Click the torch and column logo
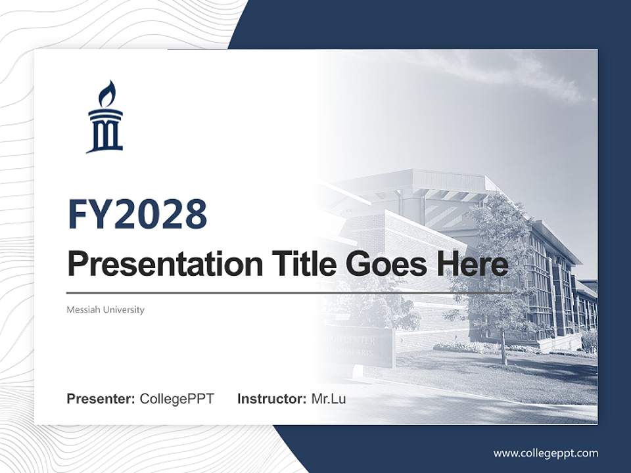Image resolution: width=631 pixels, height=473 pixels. coord(105,118)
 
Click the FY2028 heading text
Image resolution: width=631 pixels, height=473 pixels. coord(137,214)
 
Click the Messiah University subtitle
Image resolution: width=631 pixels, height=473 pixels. coord(105,309)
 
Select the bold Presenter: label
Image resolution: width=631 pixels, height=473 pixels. coord(101,398)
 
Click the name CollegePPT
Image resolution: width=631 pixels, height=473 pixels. coord(177,398)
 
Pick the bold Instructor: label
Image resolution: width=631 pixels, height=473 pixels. coord(271,398)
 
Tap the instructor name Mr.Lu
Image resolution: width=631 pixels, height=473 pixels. coord(329,398)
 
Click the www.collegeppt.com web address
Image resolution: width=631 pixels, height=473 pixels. coord(546,453)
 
